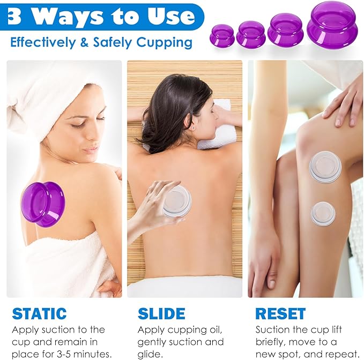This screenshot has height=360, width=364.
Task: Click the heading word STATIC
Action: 39,313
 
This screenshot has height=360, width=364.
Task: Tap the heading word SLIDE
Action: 161,313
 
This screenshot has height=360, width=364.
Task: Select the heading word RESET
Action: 280,313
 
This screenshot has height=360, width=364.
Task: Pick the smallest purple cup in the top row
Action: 222,35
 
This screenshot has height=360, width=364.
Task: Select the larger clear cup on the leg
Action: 325,167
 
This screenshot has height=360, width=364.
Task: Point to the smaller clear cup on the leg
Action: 323,213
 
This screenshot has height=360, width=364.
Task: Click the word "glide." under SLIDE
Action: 150,354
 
